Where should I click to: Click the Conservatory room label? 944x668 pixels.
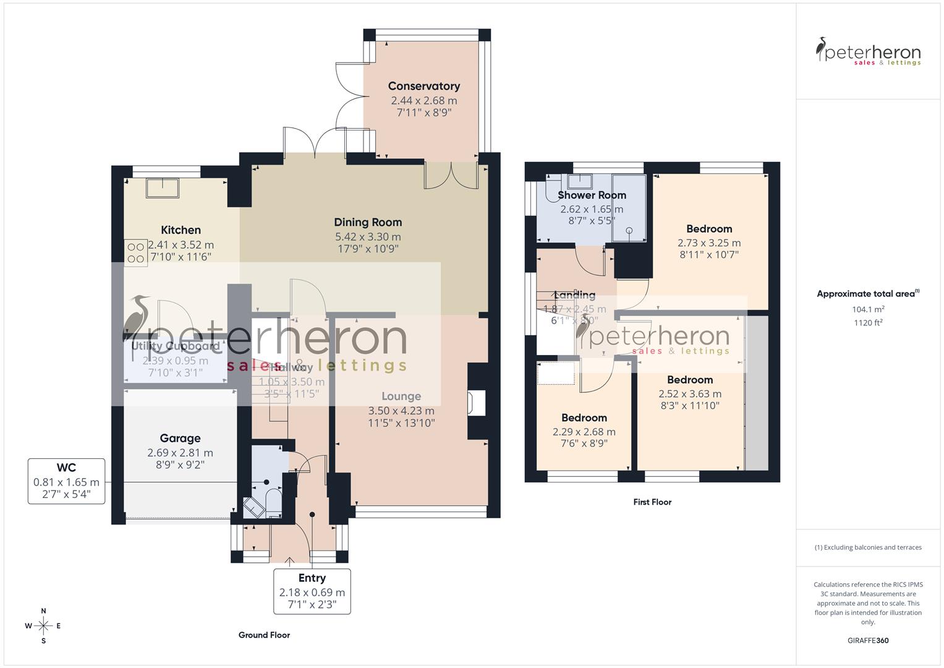click(423, 86)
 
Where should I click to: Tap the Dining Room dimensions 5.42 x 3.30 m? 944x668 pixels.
click(368, 236)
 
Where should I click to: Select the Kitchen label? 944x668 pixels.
click(181, 230)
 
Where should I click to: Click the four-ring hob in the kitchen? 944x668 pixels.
click(136, 252)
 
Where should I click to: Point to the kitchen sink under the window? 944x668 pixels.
click(163, 187)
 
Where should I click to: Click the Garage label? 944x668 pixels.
click(180, 438)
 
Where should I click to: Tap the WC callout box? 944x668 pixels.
click(66, 482)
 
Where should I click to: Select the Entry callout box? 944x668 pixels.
click(312, 591)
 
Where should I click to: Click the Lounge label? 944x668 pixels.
click(401, 396)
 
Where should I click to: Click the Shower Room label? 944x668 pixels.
click(592, 195)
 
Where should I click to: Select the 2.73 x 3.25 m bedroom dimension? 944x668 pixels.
click(708, 243)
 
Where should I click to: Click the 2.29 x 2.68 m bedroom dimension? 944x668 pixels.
click(584, 432)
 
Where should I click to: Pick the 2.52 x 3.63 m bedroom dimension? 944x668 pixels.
click(689, 393)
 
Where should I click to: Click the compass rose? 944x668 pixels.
click(43, 625)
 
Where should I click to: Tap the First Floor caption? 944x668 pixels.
click(652, 502)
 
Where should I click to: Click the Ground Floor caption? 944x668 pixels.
click(264, 635)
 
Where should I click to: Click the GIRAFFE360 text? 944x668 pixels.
click(868, 640)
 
